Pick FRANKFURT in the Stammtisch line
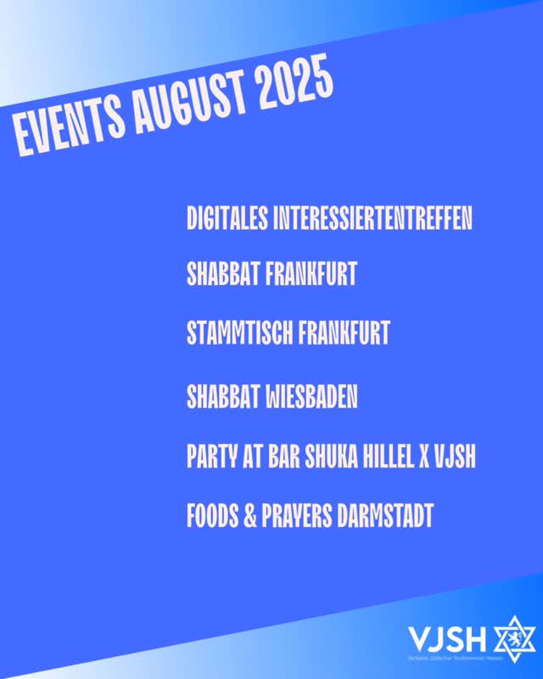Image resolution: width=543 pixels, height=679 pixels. [343, 333]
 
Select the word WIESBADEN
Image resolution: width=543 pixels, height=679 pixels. [312, 396]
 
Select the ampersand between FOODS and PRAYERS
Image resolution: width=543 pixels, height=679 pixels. [250, 515]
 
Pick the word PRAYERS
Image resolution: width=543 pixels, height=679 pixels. [298, 515]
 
